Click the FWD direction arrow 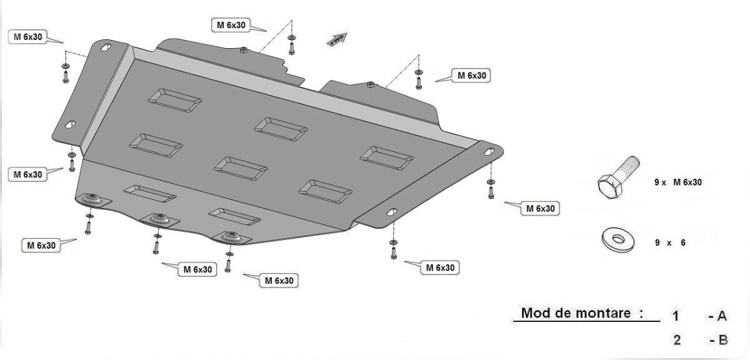[x=337, y=39]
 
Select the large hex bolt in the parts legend [x=618, y=177]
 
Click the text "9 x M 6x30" [x=678, y=182]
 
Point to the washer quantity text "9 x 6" [x=670, y=242]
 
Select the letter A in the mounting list [x=722, y=316]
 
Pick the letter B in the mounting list [x=722, y=341]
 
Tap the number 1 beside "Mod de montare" [x=676, y=316]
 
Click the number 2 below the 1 [x=677, y=341]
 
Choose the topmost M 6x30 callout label [x=231, y=25]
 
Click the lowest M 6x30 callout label [x=279, y=281]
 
